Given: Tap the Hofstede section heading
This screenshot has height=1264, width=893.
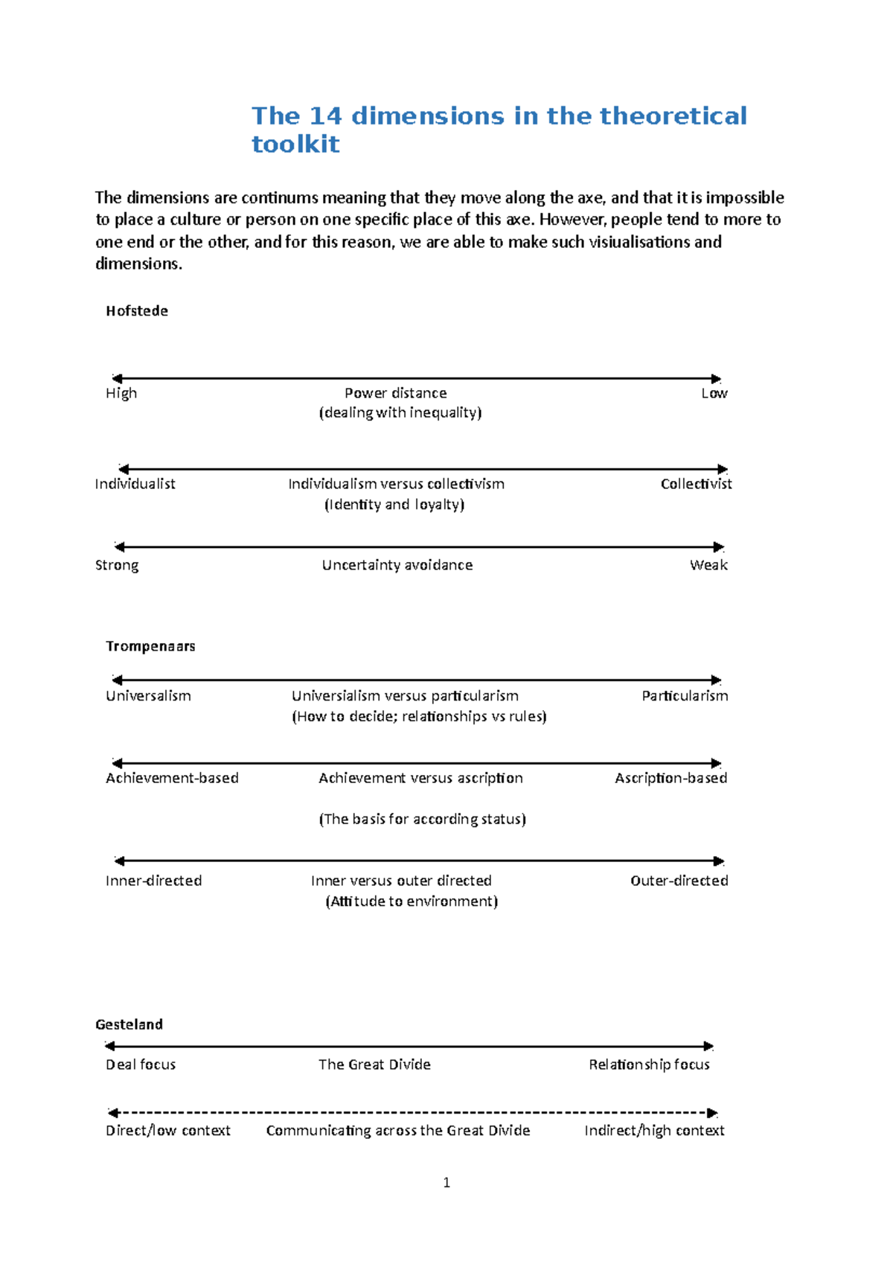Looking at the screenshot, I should pos(137,311).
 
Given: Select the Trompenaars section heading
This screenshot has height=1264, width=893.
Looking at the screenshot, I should pos(150,646).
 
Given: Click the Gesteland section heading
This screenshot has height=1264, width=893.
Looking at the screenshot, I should pos(129,1024).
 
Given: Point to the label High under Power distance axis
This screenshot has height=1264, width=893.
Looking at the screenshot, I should pos(121,393).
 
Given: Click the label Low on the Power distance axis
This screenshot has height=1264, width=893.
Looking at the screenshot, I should pos(714,393).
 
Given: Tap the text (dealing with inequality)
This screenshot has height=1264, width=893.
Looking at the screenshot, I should pos(400,413).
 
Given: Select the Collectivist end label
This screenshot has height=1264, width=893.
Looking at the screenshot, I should pos(696,484).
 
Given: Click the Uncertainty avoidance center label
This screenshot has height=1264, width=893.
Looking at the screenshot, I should pos(397,565).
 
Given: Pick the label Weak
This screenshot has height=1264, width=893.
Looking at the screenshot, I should pos(708,565).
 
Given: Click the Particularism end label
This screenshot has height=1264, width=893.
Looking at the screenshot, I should pos(685,696).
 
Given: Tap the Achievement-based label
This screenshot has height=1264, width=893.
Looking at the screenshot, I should pos(172,778).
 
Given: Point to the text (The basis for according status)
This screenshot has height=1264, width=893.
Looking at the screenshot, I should pos(422,819).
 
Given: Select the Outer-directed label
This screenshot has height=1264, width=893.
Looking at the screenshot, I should pos(679,881).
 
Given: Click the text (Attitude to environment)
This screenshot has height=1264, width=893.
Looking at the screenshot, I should pos(412,901).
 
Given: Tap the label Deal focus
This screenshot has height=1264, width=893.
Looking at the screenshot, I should pos(141,1064).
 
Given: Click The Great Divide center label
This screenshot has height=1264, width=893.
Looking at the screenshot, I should pos(374,1064).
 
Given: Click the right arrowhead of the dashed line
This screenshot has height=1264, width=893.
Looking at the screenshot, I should pos(712,1113).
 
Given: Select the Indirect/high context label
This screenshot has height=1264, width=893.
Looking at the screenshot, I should pos(654,1131).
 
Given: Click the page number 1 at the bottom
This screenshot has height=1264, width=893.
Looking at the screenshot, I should pos(446,1183).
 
